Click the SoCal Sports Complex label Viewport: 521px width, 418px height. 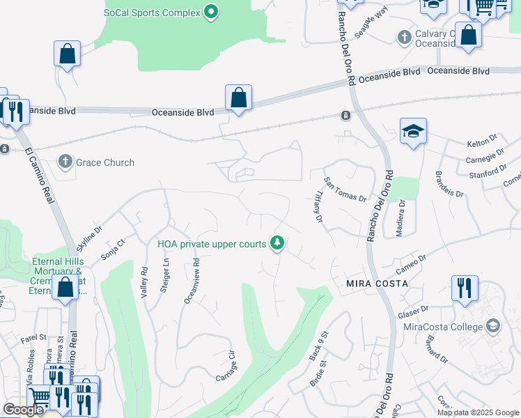point(151,12)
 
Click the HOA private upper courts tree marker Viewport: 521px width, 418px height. point(278,243)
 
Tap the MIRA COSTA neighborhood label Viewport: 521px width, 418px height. point(376,285)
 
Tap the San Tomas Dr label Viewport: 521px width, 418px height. point(346,188)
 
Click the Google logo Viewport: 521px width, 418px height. point(23,410)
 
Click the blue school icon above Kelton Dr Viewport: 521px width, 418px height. point(413,130)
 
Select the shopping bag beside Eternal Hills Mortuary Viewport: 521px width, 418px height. point(65,288)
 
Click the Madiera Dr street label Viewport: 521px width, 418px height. point(400,218)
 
